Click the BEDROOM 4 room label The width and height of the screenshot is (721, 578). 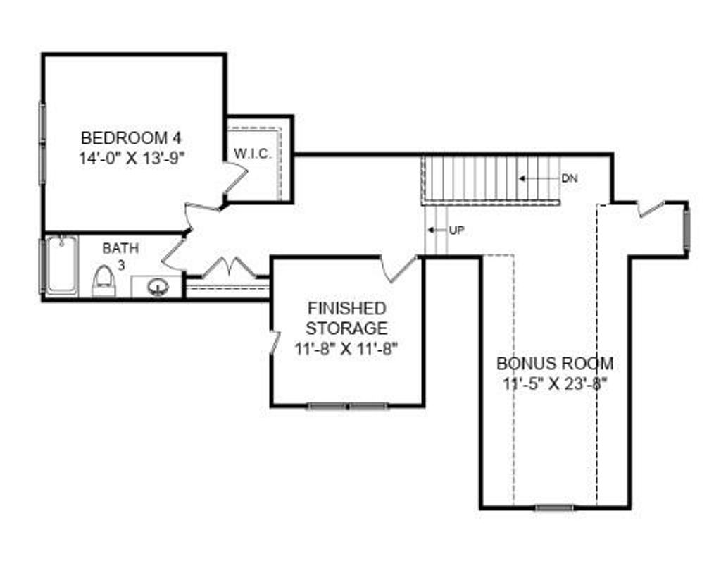tap(131, 137)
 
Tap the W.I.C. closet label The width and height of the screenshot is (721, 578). tap(253, 154)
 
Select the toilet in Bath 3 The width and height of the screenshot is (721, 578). tap(103, 282)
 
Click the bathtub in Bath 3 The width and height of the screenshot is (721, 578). tap(62, 264)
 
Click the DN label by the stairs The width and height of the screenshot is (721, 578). tap(569, 178)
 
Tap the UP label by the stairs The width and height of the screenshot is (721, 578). tap(456, 230)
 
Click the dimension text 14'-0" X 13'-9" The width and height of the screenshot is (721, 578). tap(132, 159)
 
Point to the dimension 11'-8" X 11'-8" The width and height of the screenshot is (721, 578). tap(346, 349)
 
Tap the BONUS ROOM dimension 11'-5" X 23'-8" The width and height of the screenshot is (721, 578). tap(555, 383)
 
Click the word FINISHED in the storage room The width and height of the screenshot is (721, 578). tap(346, 308)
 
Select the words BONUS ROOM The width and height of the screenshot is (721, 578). tap(555, 364)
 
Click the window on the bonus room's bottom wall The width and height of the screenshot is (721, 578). tap(555, 508)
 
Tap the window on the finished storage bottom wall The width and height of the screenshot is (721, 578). tap(348, 406)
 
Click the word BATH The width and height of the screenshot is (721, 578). tap(120, 249)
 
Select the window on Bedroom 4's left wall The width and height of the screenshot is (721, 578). tap(43, 143)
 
